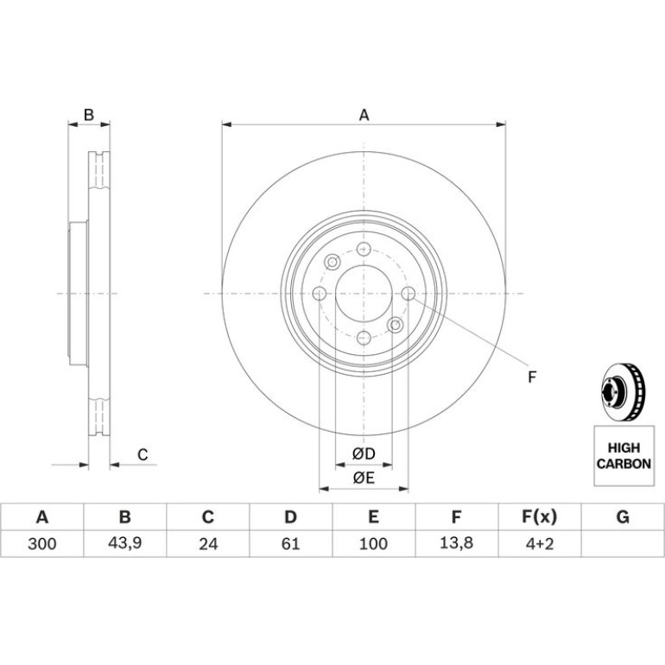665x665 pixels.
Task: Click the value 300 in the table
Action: coord(42,544)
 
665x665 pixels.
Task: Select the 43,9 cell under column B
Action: coord(124,544)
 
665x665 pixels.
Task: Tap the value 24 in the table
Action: coord(208,544)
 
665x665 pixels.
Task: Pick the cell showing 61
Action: coord(291,544)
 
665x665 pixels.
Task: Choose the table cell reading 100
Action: coord(374,544)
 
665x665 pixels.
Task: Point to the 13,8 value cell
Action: coord(457,544)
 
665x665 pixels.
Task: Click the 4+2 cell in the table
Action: coord(540,544)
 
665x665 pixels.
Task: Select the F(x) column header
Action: coord(540,517)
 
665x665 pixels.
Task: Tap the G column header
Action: coord(623,517)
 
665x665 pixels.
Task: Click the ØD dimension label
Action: coord(364,453)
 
